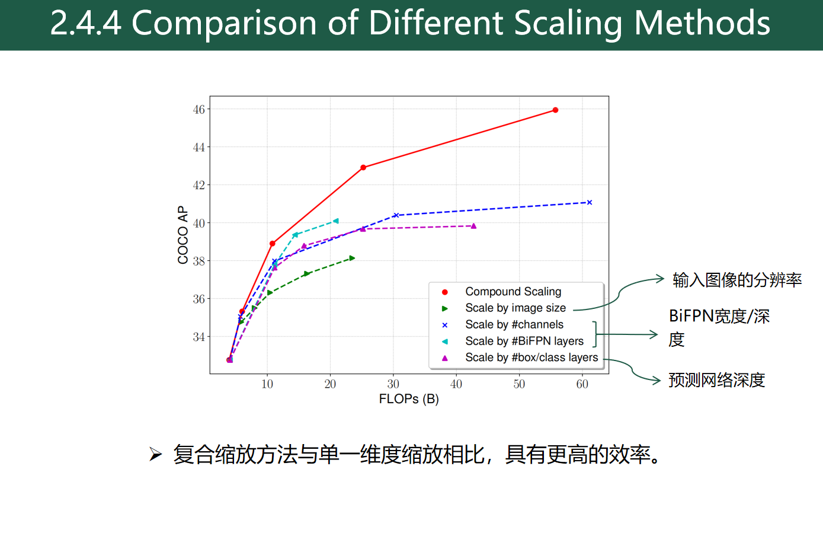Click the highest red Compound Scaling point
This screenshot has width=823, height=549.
tap(555, 110)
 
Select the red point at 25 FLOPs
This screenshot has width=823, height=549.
tap(363, 168)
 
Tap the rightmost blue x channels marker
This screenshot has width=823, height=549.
tap(589, 203)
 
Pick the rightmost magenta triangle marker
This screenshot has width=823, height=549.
tap(473, 226)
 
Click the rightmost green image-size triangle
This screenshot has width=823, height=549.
tap(352, 258)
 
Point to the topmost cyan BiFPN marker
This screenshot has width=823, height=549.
tap(336, 221)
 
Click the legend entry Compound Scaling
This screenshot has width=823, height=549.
tap(513, 292)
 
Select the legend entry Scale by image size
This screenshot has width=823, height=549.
tap(515, 308)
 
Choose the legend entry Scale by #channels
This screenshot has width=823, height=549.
tap(514, 324)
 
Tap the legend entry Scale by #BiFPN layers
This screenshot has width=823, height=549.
tap(524, 341)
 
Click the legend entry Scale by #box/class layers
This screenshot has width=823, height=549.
tap(531, 358)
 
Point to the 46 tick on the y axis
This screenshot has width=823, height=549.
tap(198, 110)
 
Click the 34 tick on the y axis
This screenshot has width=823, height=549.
tap(198, 337)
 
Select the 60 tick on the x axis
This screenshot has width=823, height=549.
tap(582, 384)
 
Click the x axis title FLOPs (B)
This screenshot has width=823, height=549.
tap(409, 399)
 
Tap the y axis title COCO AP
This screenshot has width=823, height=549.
tap(183, 235)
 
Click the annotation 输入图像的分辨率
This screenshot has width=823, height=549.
tap(736, 280)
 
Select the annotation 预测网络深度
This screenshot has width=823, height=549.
tap(716, 380)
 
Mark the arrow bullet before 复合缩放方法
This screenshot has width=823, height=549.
tap(155, 455)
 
